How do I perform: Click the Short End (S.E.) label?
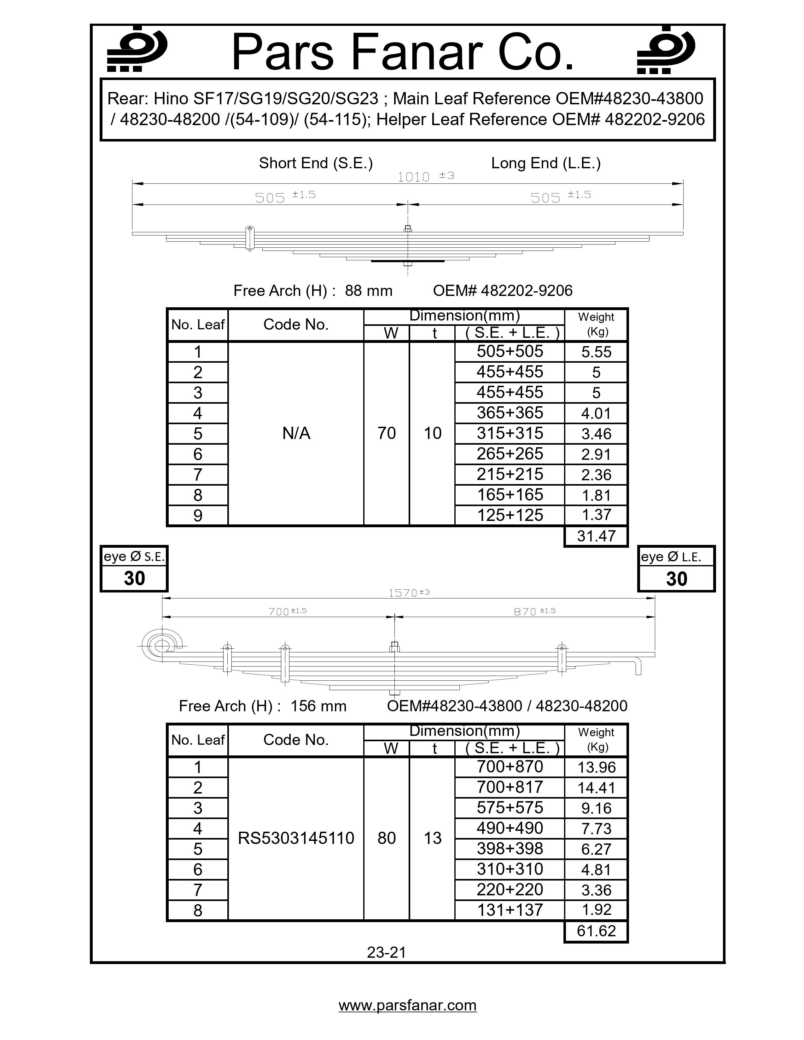pos(315,163)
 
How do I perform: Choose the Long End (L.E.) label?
pos(546,163)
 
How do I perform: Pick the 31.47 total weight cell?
pos(596,536)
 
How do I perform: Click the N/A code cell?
pos(296,433)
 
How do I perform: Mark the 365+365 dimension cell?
pos(510,413)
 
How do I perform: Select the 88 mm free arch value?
pos(368,291)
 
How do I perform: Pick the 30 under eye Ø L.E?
pos(676,579)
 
